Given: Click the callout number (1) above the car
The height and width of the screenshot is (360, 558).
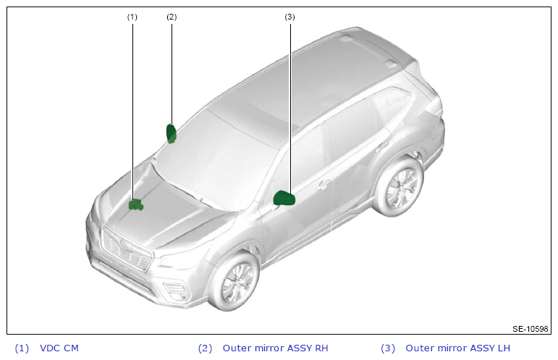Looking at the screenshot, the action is (132, 17).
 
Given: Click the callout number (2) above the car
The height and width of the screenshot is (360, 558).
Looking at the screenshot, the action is (172, 17).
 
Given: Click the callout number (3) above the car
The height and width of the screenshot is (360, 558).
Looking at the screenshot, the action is (289, 17).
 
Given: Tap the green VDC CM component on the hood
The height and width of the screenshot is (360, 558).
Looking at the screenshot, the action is (135, 205).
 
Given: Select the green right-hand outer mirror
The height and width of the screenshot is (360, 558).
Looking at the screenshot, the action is (172, 133).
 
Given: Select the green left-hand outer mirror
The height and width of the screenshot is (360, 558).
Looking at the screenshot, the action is (284, 198).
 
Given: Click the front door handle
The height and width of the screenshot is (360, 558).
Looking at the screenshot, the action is (323, 185).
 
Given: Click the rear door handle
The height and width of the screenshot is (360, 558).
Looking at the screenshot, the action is (382, 146).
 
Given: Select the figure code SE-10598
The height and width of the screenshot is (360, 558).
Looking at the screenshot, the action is (530, 329).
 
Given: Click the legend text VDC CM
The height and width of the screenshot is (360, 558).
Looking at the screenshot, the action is (59, 348).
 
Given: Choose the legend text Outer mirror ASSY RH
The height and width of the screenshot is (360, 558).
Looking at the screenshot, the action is (275, 348).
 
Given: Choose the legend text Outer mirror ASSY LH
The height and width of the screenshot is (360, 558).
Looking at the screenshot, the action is (457, 348).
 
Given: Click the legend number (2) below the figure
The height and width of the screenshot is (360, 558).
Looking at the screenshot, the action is (205, 348).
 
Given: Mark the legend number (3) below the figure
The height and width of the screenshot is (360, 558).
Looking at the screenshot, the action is (388, 348).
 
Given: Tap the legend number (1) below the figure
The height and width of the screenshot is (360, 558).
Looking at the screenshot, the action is (22, 348).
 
